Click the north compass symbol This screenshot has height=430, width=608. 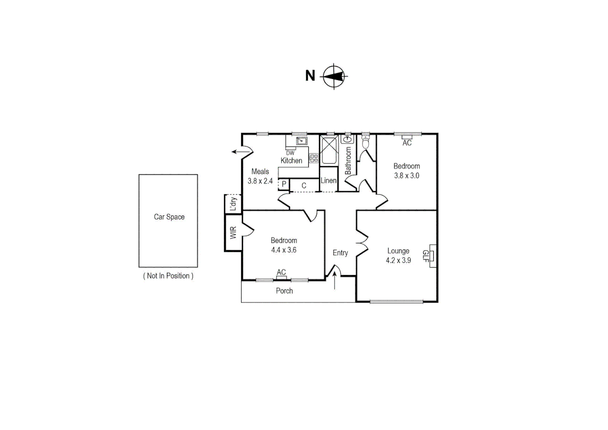334,76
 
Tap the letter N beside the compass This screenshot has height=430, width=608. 310,76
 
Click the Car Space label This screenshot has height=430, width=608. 169,217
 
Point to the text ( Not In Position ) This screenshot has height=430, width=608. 168,276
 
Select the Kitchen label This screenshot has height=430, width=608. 291,161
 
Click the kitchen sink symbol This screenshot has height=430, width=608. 301,141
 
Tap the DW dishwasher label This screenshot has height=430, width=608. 290,153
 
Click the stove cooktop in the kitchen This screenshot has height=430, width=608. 314,158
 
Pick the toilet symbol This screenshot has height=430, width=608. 366,142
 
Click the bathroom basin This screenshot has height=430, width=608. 348,139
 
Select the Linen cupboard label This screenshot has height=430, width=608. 328,181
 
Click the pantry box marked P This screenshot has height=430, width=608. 284,184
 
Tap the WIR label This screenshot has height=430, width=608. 233,233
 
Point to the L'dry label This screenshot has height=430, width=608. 233,203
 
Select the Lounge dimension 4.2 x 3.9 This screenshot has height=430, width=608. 398,260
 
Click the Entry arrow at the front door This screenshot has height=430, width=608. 334,281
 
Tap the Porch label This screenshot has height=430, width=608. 284,291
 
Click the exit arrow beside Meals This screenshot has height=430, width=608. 239,152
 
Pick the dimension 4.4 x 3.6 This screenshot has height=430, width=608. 284,250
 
